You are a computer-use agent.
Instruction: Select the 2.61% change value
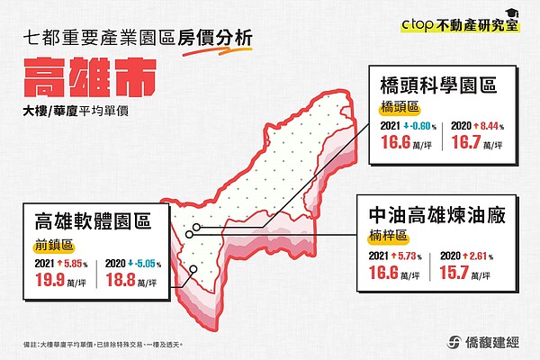[x=483, y=256]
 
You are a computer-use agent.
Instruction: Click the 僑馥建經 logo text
[x=487, y=340]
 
